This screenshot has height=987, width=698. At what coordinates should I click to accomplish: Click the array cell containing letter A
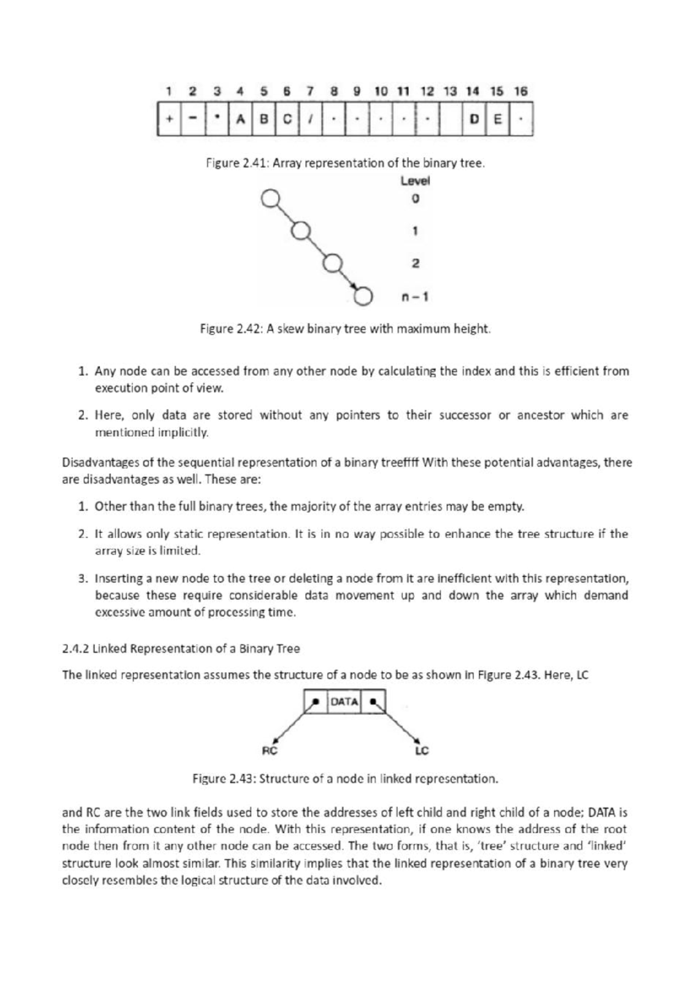pos(240,119)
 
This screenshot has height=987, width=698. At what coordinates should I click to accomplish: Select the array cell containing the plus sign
pos(169,119)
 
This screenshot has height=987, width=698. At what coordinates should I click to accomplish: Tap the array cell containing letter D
pos(474,119)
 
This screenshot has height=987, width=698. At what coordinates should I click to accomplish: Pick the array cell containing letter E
pos(497,119)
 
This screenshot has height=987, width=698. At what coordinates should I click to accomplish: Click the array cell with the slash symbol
pos(311,119)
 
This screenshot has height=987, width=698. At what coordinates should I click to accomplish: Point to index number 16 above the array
pos(521,91)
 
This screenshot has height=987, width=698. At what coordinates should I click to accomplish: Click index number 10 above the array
pos(381,91)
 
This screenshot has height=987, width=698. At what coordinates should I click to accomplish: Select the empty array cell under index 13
pos(451,119)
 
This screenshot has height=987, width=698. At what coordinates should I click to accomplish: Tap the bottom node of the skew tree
pos(363,297)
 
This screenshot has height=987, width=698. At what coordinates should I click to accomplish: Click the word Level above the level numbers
pos(415,181)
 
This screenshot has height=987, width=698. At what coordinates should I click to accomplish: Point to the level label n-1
pos(415,297)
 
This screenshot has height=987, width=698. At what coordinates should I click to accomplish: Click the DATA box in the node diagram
pos(344,701)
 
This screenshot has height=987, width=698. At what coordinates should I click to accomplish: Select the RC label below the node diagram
pos(270,751)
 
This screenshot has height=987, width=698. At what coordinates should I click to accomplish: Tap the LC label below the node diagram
pos(422,751)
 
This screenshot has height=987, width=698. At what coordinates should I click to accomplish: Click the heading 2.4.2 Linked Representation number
pos(75,648)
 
